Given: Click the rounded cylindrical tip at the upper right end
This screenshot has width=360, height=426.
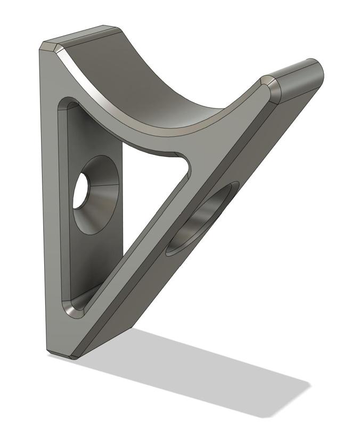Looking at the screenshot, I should (301, 80).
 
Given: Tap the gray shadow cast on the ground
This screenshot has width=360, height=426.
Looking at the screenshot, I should (213, 373).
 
